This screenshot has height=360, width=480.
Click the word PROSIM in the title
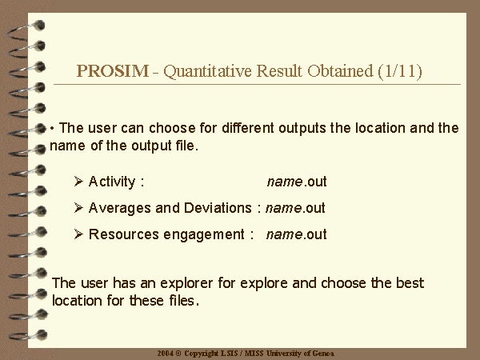click(x=112, y=71)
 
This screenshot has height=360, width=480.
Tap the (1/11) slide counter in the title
click(x=400, y=72)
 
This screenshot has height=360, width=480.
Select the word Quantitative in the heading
click(x=207, y=71)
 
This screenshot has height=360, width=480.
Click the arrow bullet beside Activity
click(x=78, y=182)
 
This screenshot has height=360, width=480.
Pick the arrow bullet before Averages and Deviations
click(x=78, y=207)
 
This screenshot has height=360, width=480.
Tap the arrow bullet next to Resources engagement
click(x=78, y=234)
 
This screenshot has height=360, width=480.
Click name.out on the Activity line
click(x=297, y=182)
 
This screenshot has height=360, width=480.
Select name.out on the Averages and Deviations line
click(x=295, y=208)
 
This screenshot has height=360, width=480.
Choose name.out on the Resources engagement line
click(x=297, y=234)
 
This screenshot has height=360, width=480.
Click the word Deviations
click(x=218, y=208)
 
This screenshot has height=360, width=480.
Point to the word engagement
click(x=204, y=235)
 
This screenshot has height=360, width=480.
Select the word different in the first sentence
click(x=248, y=128)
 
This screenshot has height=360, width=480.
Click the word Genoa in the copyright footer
click(x=323, y=354)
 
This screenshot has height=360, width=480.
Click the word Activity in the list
click(x=112, y=182)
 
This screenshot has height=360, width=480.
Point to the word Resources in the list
click(x=124, y=234)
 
